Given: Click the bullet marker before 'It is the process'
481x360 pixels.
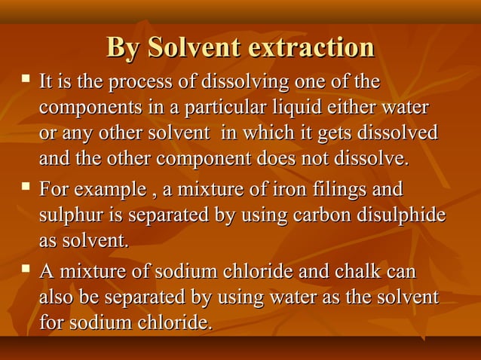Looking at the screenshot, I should pyautogui.click(x=26, y=78).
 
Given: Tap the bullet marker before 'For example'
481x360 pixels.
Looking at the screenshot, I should pyautogui.click(x=26, y=185).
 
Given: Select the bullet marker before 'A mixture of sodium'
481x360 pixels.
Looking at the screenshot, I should pyautogui.click(x=26, y=267).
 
